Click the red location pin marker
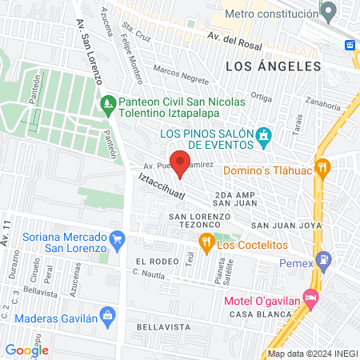(x=180, y=162)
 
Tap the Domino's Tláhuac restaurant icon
(x=323, y=167)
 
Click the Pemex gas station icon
(x=323, y=259)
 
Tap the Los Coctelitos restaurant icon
(x=206, y=244)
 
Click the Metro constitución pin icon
(x=329, y=12)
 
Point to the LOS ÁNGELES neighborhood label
(x=273, y=66)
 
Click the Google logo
(x=27, y=350)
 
